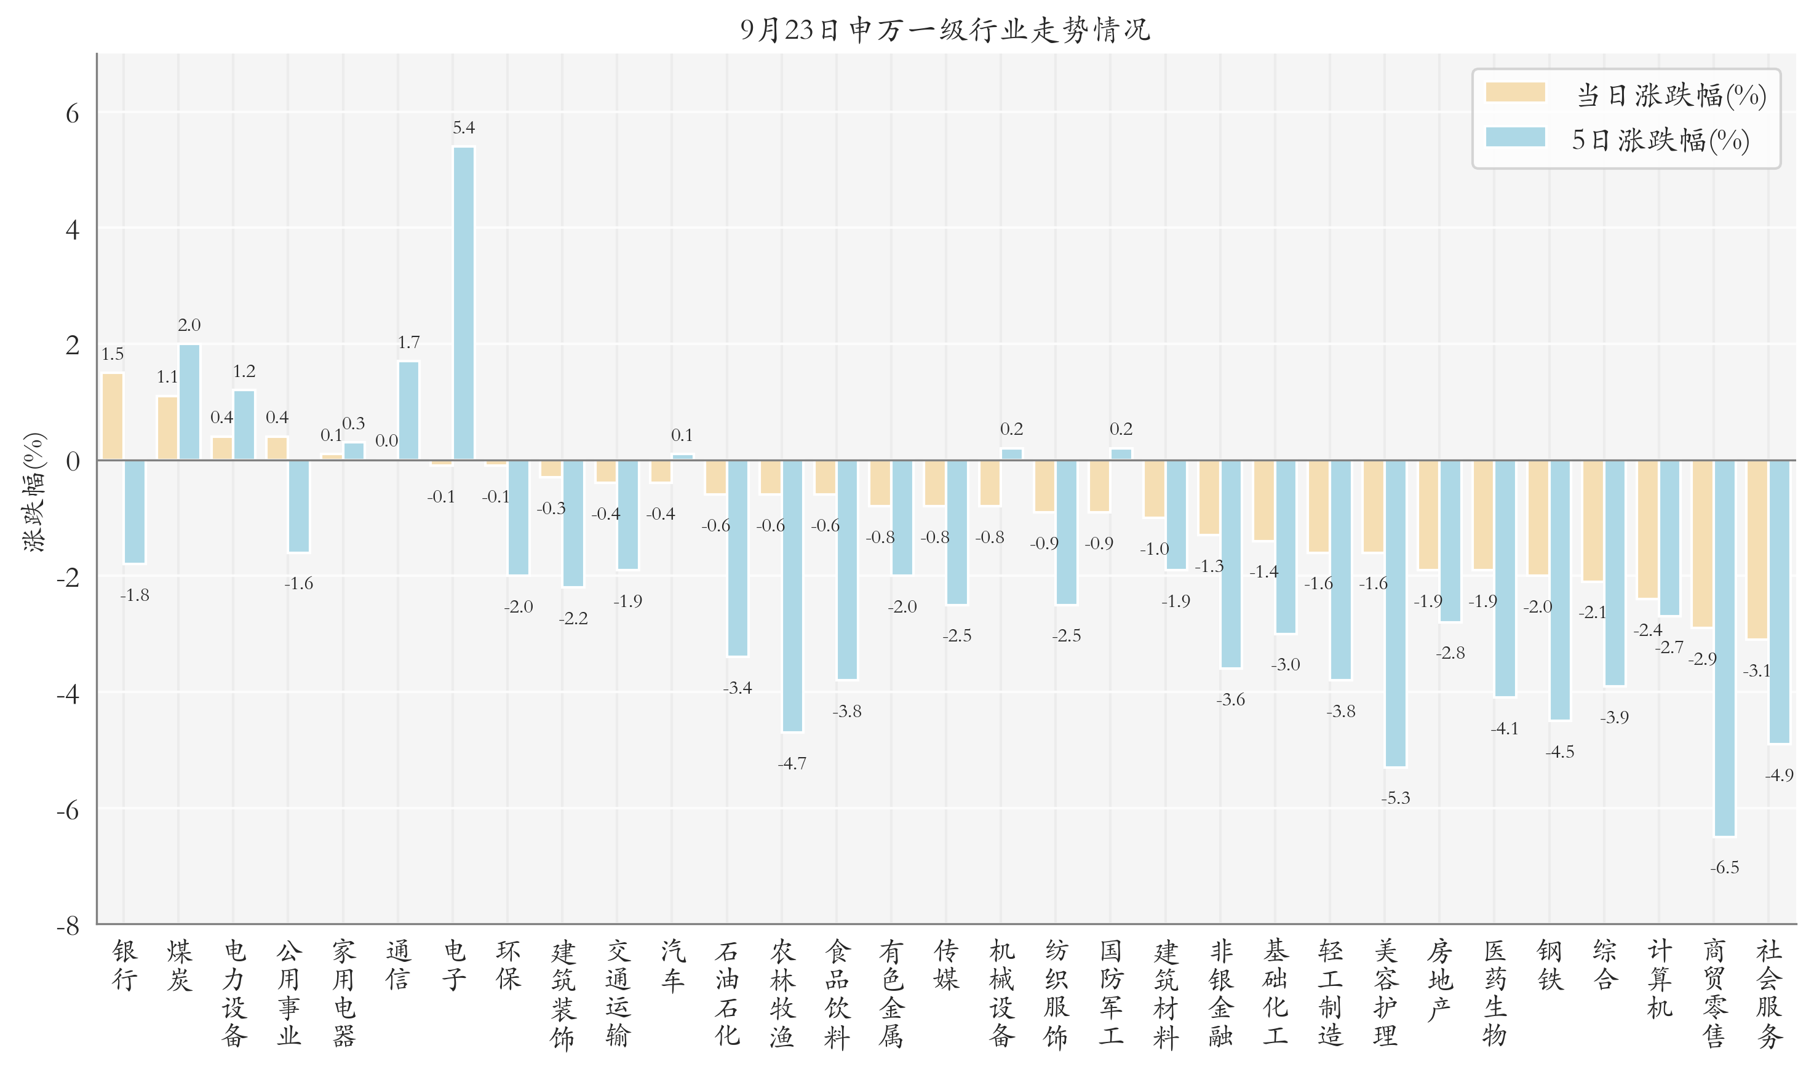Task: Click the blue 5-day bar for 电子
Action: click(x=464, y=303)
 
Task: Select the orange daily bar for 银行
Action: click(x=113, y=417)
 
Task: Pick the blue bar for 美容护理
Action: click(x=1396, y=613)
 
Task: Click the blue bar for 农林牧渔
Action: click(x=792, y=596)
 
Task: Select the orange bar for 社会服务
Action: click(x=1757, y=550)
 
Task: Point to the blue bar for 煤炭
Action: click(x=189, y=402)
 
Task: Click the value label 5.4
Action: click(x=464, y=128)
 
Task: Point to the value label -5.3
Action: click(x=1396, y=798)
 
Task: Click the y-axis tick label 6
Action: click(x=72, y=113)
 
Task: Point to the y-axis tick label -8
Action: click(x=68, y=926)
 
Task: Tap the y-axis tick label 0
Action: click(x=72, y=461)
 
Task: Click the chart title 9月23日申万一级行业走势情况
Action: click(x=945, y=30)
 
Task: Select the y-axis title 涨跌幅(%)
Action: click(x=33, y=492)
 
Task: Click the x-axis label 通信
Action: click(x=398, y=965)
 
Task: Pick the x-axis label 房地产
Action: click(x=1440, y=980)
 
